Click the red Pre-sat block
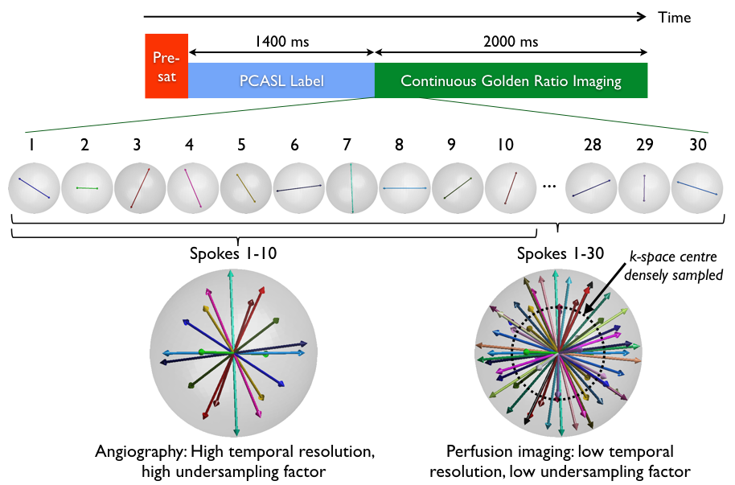pos(166,66)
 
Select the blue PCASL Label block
pos(281,80)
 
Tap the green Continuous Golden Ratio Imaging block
pos(511,80)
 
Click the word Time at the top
pos(674,17)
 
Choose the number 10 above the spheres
pos(505,145)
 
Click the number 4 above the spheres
pos(189,145)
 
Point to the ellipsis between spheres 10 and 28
pos(550,187)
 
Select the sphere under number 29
pos(644,188)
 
